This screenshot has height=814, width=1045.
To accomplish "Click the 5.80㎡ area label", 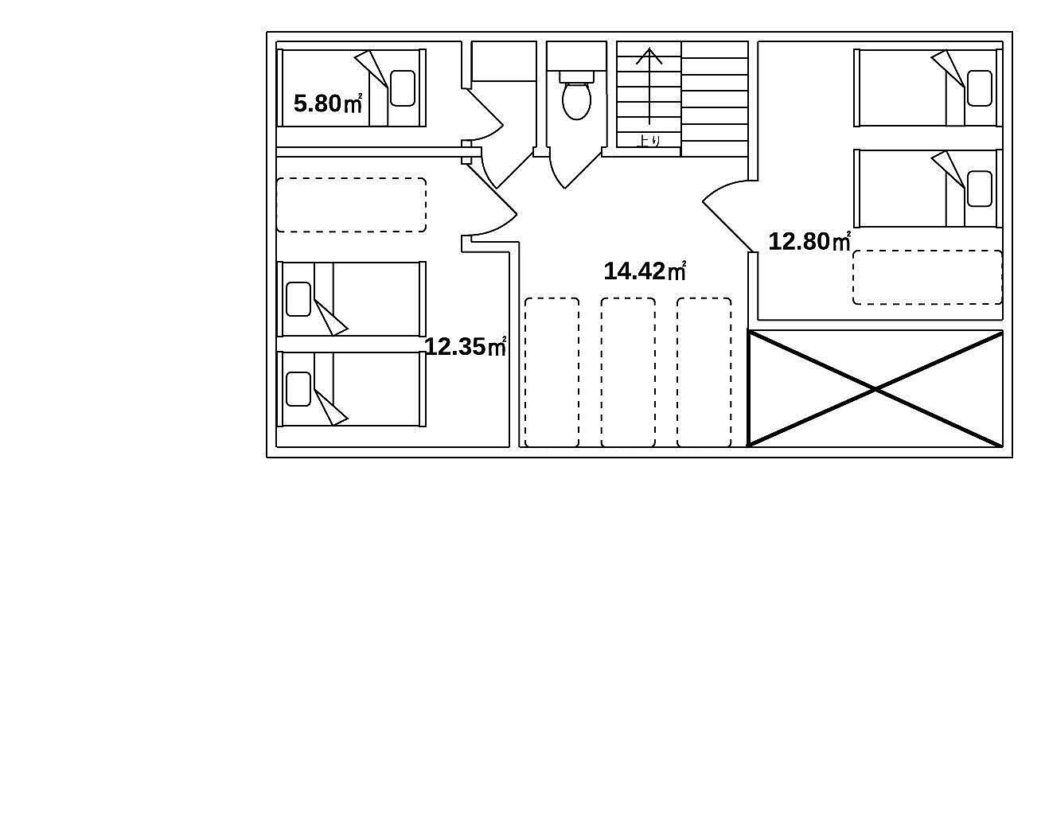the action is click(x=327, y=103).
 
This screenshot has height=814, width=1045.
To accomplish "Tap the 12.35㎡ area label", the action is click(x=465, y=346).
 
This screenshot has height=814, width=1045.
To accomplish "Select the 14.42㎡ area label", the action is click(x=645, y=271).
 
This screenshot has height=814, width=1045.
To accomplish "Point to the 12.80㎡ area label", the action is click(x=809, y=241).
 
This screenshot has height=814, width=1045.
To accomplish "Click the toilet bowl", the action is click(x=576, y=101).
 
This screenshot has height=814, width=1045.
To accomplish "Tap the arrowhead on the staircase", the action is click(x=649, y=56).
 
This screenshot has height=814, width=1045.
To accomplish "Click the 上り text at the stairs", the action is click(x=648, y=140).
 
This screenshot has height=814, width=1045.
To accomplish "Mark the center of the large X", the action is click(x=875, y=388).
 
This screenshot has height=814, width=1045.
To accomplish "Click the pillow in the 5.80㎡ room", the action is click(x=403, y=88).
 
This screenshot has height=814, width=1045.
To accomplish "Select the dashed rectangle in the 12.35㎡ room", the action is click(x=351, y=205).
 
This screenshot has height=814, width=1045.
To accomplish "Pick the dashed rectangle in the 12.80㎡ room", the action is click(x=928, y=278).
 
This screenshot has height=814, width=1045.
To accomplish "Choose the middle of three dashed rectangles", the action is click(x=628, y=372).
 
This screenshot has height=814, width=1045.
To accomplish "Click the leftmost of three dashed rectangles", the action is click(x=552, y=372).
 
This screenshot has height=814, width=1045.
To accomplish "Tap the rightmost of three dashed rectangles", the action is click(x=704, y=372).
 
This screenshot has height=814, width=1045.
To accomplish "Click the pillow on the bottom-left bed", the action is click(x=298, y=389).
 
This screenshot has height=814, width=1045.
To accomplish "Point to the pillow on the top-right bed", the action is click(x=980, y=88).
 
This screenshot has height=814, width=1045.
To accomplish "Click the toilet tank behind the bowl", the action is click(x=576, y=76).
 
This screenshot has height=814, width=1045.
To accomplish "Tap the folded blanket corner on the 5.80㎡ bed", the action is click(x=371, y=68).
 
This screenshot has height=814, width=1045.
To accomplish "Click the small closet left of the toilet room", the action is click(x=504, y=61).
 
